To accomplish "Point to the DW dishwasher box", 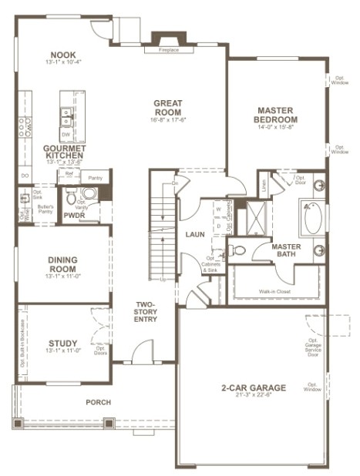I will [66, 132].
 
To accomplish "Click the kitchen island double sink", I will [67, 118].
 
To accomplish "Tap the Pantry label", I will [96, 179].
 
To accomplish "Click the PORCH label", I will [98, 402].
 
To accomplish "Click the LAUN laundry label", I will [193, 233].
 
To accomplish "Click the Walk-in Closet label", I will [274, 292].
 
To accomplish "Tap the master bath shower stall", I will [250, 219].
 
